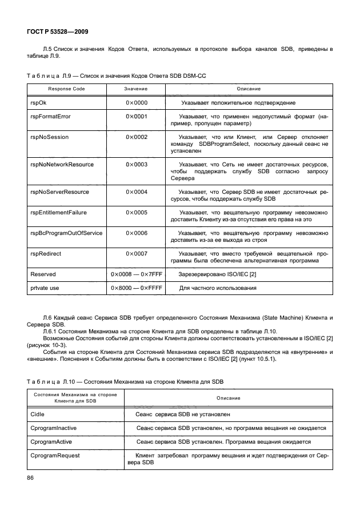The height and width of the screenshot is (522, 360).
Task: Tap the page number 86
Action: [31, 477]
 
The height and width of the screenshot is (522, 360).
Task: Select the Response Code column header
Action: [66, 89]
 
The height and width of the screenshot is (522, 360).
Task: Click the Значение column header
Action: [136, 89]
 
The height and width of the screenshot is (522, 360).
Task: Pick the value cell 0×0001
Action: [137, 116]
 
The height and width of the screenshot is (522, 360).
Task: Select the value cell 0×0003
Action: [137, 165]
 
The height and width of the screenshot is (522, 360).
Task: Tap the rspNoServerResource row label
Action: [59, 192]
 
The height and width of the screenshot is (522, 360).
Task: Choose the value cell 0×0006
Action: [137, 233]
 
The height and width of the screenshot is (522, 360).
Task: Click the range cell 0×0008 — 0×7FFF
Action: [137, 274]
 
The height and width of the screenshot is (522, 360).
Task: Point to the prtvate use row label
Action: [45, 288]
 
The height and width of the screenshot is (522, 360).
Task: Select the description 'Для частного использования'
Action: [218, 288]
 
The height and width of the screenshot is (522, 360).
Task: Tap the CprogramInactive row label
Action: [53, 428]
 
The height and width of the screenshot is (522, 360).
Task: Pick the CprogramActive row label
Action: [51, 442]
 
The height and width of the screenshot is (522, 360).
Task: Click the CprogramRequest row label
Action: [55, 456]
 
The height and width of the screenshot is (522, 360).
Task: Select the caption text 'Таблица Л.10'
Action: [49, 381]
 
